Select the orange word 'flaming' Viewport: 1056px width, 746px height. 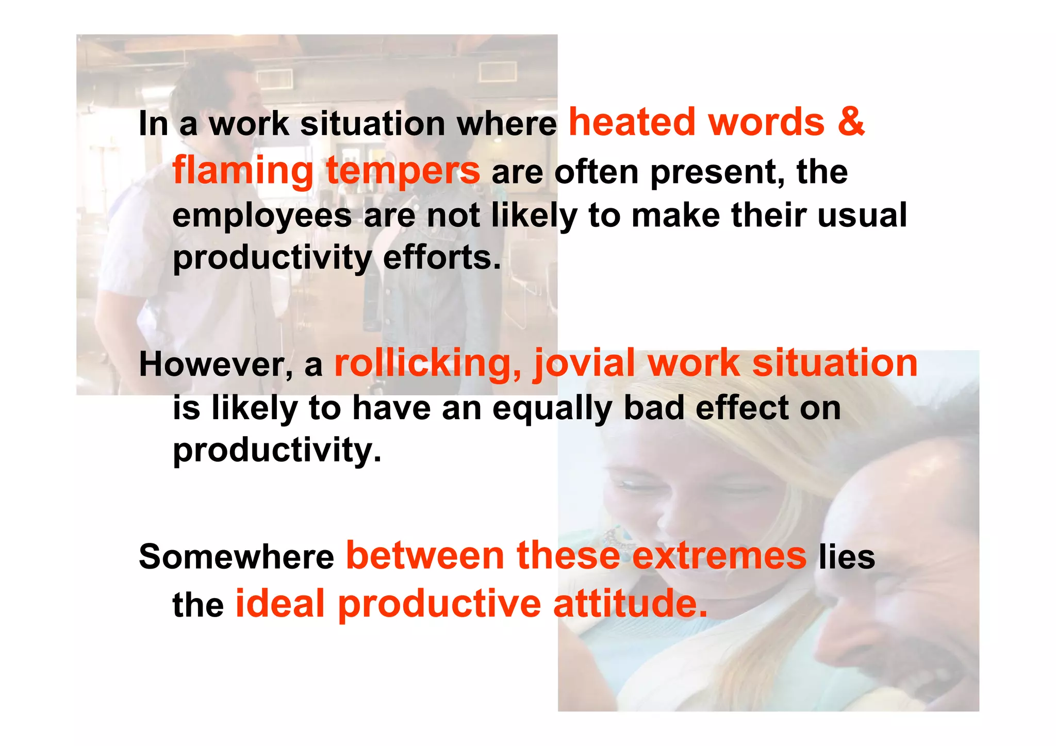[243, 171]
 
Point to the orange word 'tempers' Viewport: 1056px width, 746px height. [403, 171]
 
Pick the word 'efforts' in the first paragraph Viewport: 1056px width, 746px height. [442, 258]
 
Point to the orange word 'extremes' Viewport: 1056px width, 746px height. [719, 556]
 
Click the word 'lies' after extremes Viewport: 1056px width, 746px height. [847, 557]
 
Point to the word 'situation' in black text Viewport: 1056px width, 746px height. [372, 124]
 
